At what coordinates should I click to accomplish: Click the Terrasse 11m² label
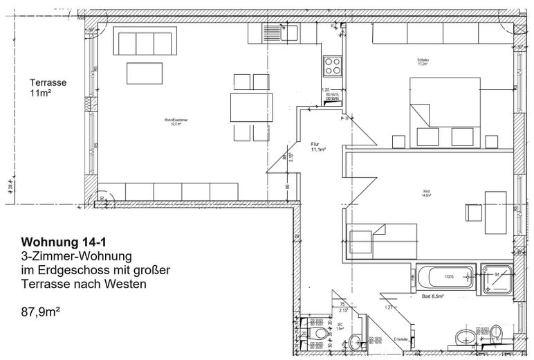pyautogui.click(x=48, y=87)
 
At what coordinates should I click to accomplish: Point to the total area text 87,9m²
pyautogui.click(x=41, y=312)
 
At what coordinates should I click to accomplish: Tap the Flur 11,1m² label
pyautogui.click(x=318, y=146)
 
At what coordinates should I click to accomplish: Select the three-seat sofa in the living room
pyautogui.click(x=145, y=42)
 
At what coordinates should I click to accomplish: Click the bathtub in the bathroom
pyautogui.click(x=447, y=279)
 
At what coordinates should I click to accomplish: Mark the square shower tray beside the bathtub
pyautogui.click(x=497, y=279)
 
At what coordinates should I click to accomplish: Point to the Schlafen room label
pyautogui.click(x=423, y=61)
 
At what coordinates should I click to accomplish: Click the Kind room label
pyautogui.click(x=426, y=193)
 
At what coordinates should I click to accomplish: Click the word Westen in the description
pyautogui.click(x=127, y=284)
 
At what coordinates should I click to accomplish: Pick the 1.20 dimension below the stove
pyautogui.click(x=325, y=90)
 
